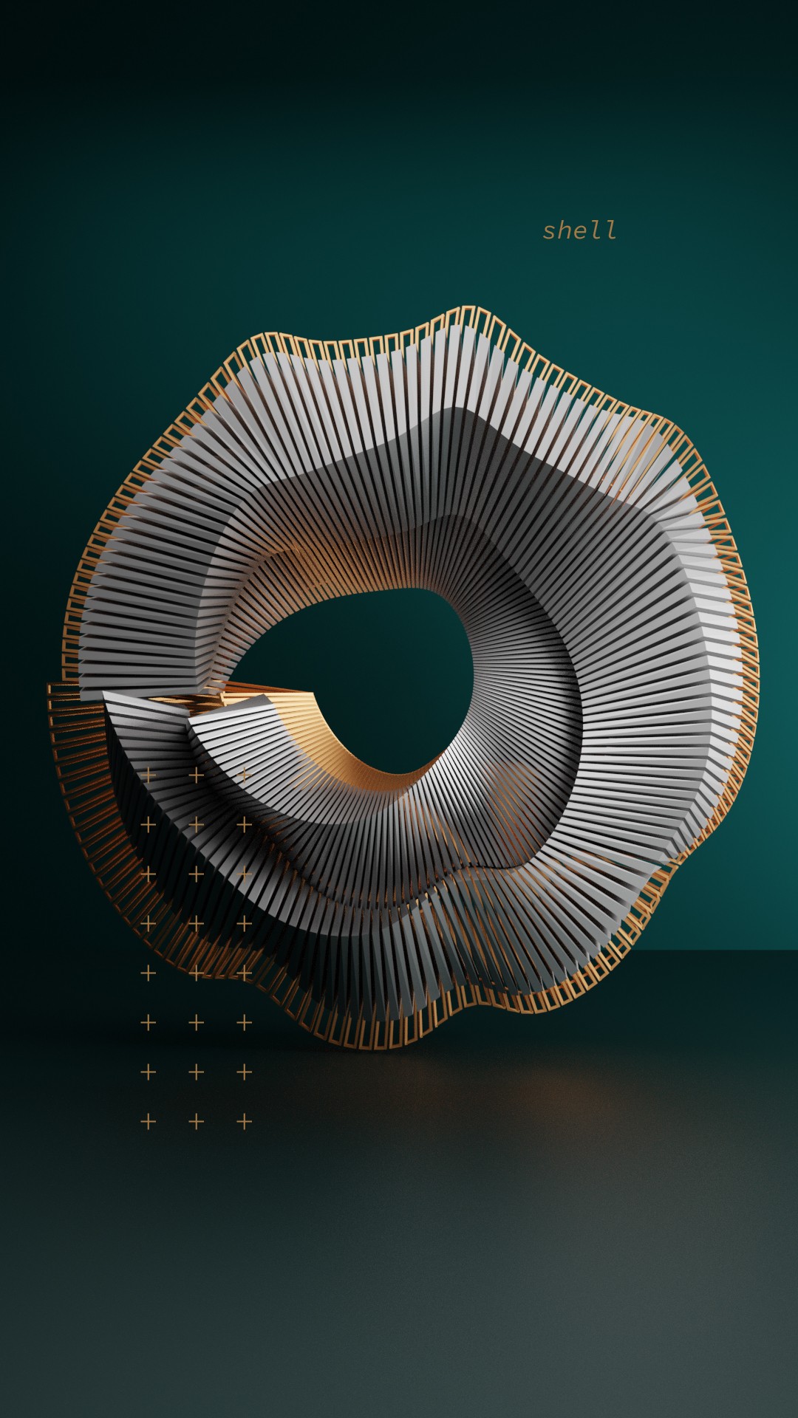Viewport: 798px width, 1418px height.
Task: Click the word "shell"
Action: click(580, 230)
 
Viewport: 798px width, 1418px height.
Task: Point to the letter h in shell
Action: click(565, 230)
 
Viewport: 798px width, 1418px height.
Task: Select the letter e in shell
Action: click(580, 233)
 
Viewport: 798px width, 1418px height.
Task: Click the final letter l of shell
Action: click(610, 230)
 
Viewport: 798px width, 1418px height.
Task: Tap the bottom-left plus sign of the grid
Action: click(149, 1122)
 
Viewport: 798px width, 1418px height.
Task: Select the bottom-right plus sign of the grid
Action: click(245, 1122)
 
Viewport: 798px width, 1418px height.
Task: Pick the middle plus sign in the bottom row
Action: click(197, 1122)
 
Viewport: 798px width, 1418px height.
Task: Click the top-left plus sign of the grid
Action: click(149, 775)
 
